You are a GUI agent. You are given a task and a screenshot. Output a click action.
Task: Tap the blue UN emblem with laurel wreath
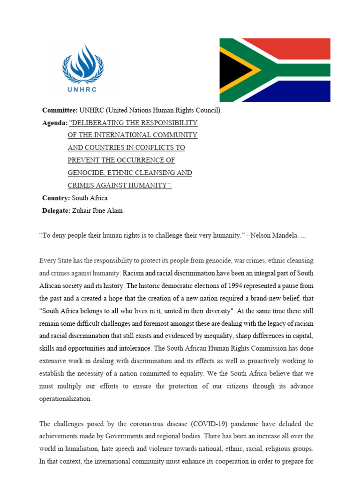click(x=83, y=65)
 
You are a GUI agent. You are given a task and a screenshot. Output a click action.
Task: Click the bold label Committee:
click(x=60, y=111)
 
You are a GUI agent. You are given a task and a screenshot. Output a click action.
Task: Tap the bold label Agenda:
click(x=54, y=123)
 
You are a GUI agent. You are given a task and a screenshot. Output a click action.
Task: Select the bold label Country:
click(x=56, y=198)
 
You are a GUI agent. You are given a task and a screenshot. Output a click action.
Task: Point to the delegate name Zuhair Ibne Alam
click(x=98, y=210)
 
